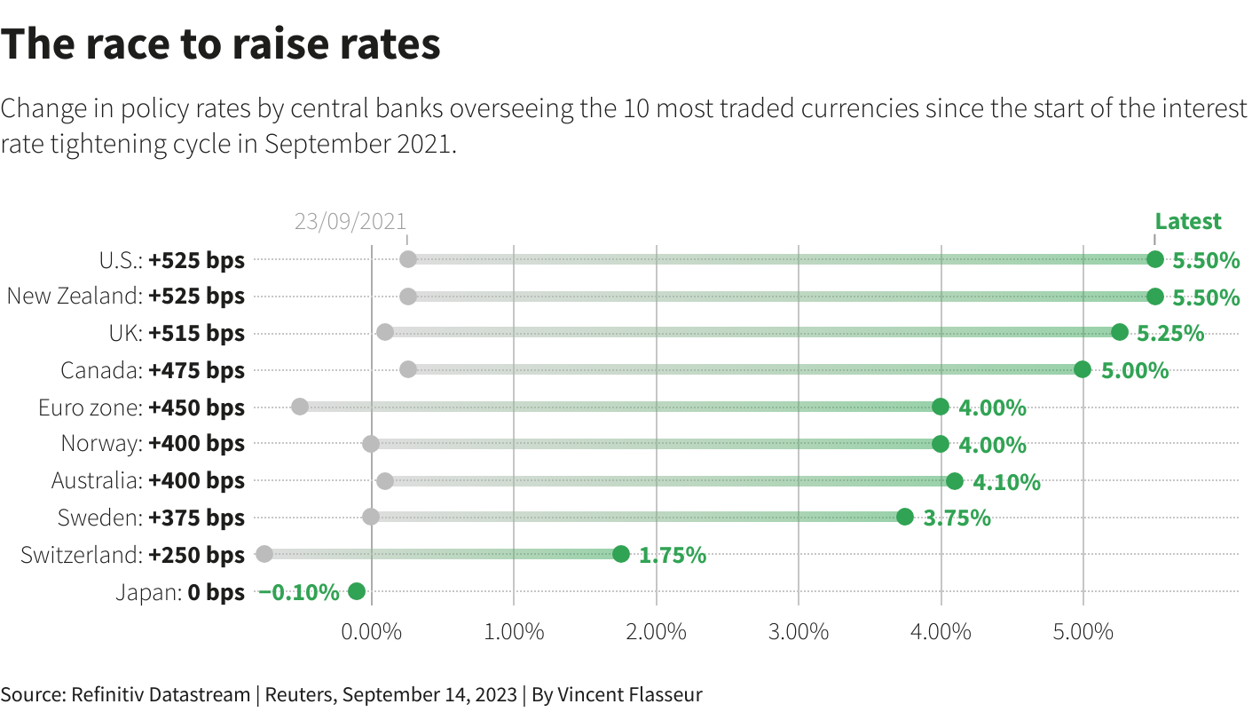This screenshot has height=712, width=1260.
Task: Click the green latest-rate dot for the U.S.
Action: pos(1154,259)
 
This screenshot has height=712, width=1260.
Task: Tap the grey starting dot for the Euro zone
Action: pos(300,407)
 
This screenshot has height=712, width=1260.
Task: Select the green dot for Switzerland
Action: pos(620,554)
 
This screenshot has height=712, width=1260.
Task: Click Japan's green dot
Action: pos(357,591)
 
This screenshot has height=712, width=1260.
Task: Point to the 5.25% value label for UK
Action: pos(1170,333)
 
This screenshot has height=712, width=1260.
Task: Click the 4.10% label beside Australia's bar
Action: pos(1006,482)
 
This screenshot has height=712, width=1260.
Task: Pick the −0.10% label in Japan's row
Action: pos(298,592)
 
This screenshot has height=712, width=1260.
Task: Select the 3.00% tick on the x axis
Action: pos(799,632)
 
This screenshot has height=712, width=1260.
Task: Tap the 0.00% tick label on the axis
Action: pos(371,632)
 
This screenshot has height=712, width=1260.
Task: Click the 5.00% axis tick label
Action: pos(1083,632)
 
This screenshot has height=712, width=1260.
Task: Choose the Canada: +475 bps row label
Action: pos(153,370)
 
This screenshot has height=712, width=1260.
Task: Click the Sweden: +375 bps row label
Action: pos(151,518)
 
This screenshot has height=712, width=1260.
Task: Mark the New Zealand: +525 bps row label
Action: pos(125,296)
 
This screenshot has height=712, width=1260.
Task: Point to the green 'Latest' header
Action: pos(1187,221)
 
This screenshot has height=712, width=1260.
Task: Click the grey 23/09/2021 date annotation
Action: pos(350,222)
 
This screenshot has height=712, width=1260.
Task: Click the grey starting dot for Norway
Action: pos(371,444)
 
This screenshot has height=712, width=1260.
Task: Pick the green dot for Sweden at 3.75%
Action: pos(905,517)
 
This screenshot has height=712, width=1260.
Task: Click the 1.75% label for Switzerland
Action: pos(673,556)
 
